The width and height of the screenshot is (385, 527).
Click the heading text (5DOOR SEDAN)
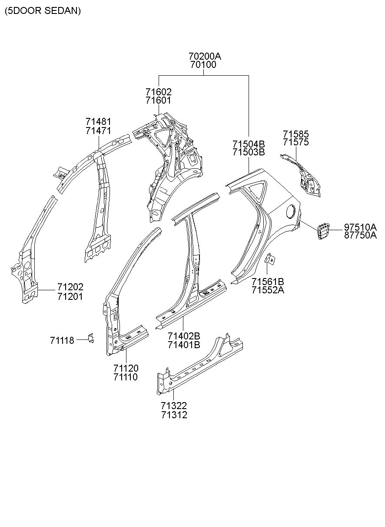point(43,11)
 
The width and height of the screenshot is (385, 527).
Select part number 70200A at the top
point(205,56)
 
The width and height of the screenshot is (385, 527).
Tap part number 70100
point(203,65)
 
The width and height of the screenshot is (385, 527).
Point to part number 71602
point(159,92)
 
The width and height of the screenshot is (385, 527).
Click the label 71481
point(98,122)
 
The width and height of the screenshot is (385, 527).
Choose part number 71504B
point(249,144)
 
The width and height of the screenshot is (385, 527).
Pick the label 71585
point(296,134)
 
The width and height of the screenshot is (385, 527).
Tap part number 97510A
point(360,227)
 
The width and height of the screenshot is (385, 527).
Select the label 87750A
point(360,235)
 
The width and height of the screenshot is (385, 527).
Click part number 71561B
point(268,282)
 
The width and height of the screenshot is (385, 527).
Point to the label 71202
point(70,287)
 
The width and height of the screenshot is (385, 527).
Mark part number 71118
point(62,340)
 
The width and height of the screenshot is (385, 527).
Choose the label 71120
point(126,368)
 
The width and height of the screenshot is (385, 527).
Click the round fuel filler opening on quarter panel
point(291,211)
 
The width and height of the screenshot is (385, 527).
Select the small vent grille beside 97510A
point(323,232)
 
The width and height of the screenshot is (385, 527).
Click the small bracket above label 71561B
point(270,259)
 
